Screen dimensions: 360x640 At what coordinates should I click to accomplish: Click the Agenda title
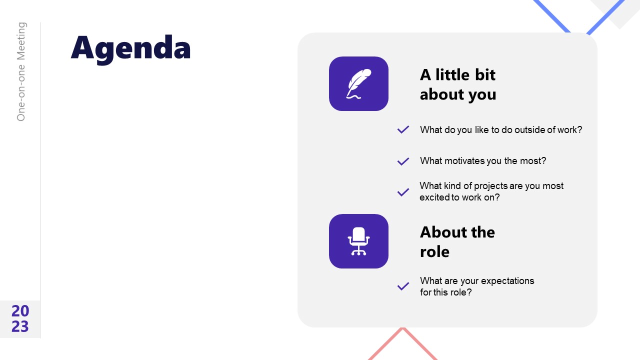[130, 48]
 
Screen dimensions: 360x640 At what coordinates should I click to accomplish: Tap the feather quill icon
[358, 83]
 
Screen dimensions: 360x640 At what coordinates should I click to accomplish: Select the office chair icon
[358, 241]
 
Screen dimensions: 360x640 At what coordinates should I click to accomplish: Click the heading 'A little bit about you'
[457, 84]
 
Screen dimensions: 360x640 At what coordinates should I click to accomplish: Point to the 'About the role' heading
[457, 241]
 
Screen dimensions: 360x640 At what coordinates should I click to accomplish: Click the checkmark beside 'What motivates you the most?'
[403, 161]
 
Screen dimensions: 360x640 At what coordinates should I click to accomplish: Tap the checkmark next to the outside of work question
[403, 130]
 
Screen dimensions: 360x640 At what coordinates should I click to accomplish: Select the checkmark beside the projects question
[403, 192]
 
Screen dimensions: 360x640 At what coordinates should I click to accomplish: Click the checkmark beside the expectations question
[403, 286]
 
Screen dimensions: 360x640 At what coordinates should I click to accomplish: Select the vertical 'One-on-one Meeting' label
[21, 71]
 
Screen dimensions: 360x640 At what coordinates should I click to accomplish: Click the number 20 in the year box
[20, 311]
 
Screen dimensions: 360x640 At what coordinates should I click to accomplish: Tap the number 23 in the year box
[20, 326]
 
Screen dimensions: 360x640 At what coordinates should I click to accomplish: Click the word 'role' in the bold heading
[434, 251]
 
